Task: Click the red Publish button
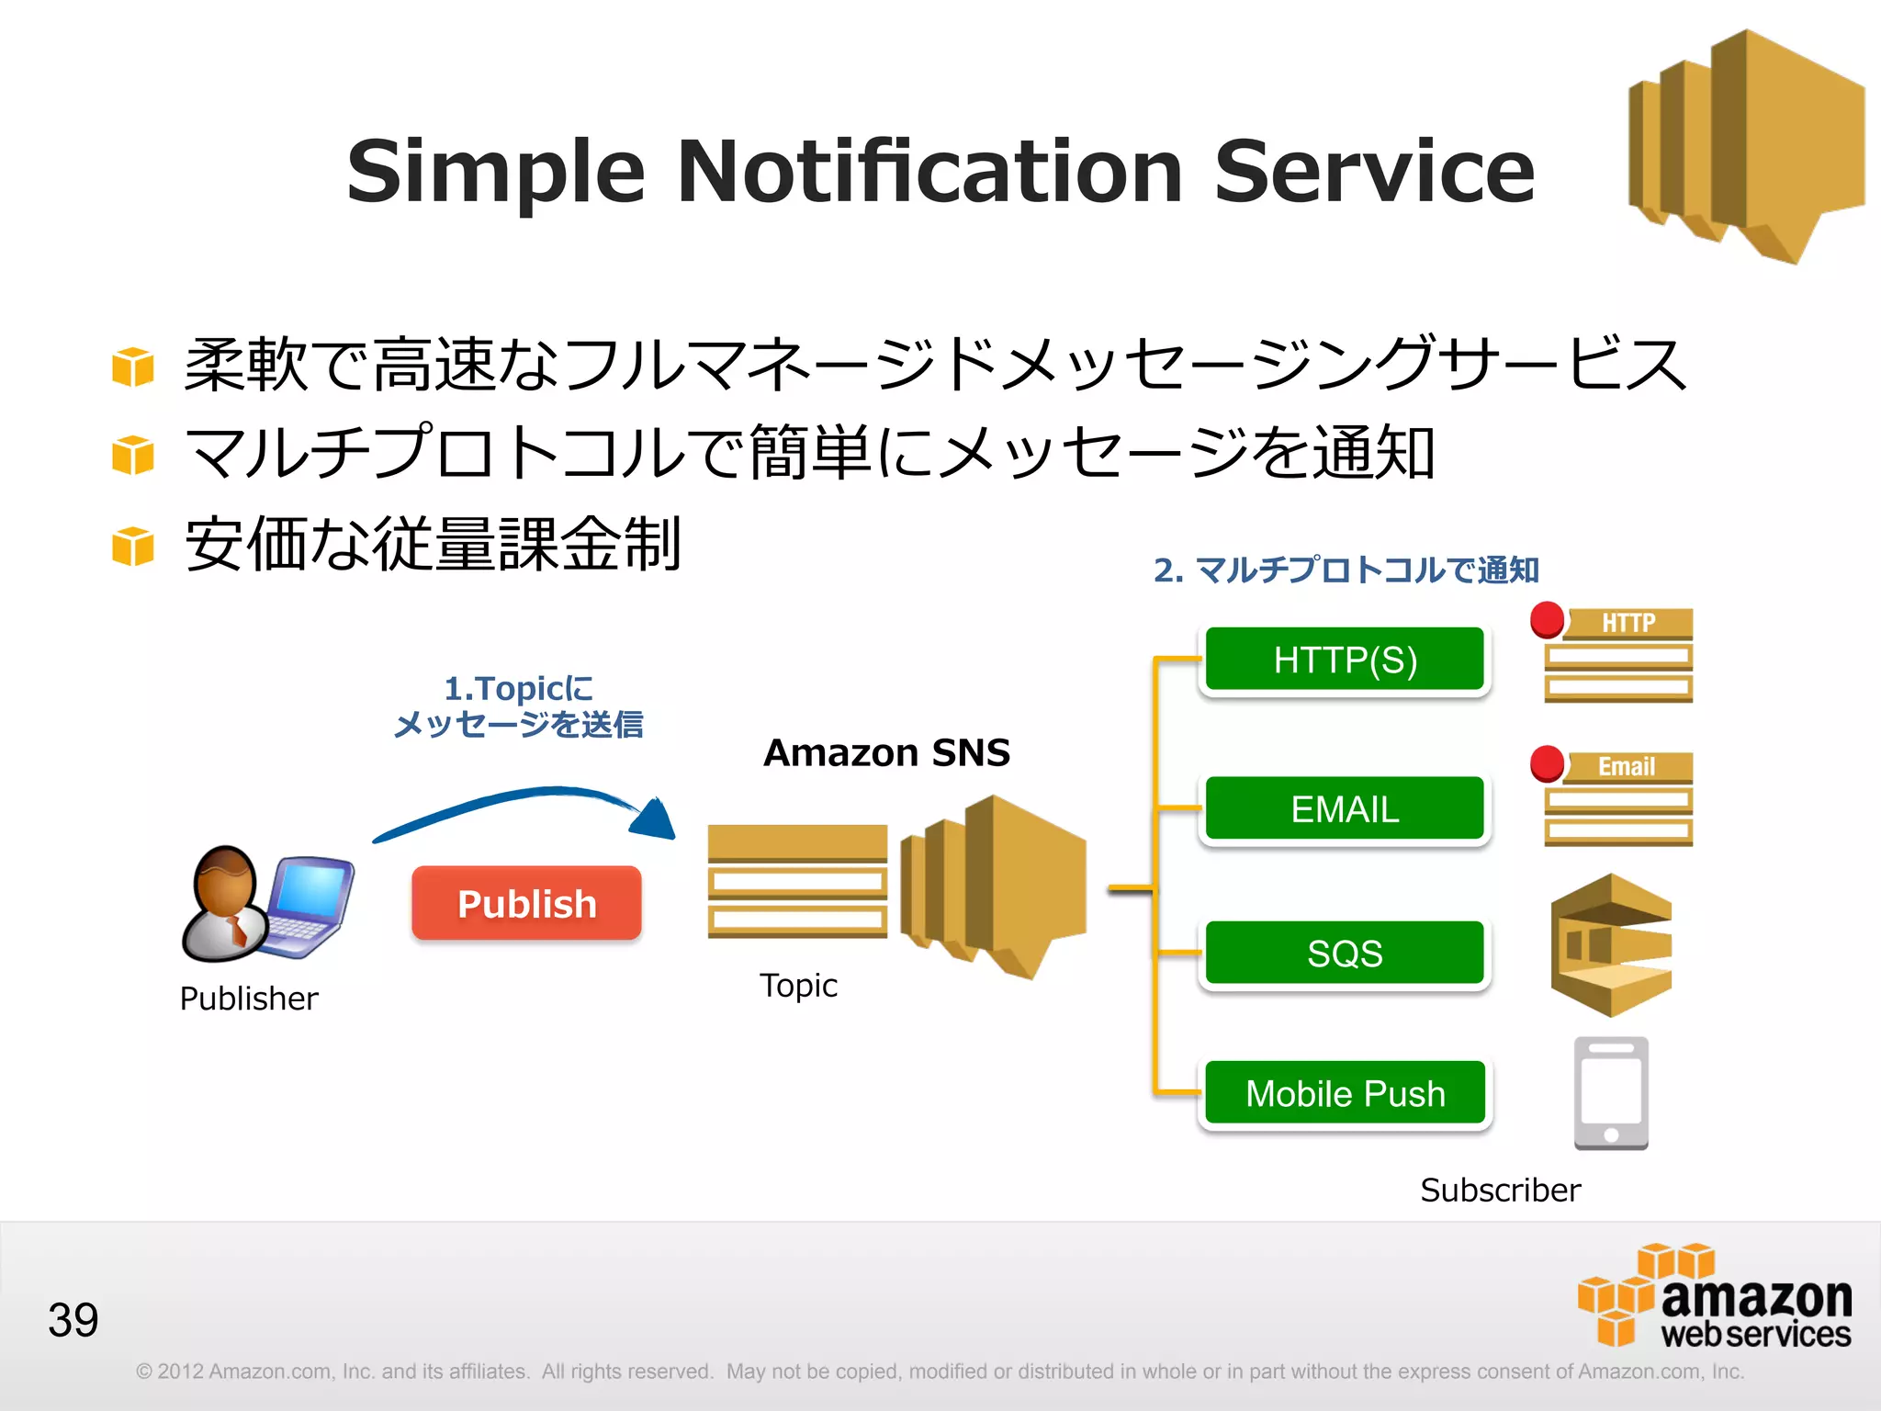tap(526, 903)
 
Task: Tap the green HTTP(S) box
tap(1345, 660)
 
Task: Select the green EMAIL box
tap(1345, 808)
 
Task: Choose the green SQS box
tap(1345, 953)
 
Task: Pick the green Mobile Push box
tap(1345, 1093)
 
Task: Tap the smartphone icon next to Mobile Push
tap(1611, 1093)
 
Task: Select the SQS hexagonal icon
tap(1611, 945)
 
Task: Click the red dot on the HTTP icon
tap(1548, 619)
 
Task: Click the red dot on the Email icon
tap(1548, 763)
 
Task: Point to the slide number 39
tap(73, 1320)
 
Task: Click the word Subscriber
tap(1500, 1191)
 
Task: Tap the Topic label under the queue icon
tap(798, 986)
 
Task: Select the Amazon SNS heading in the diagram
tap(886, 752)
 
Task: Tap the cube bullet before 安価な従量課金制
tap(133, 547)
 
